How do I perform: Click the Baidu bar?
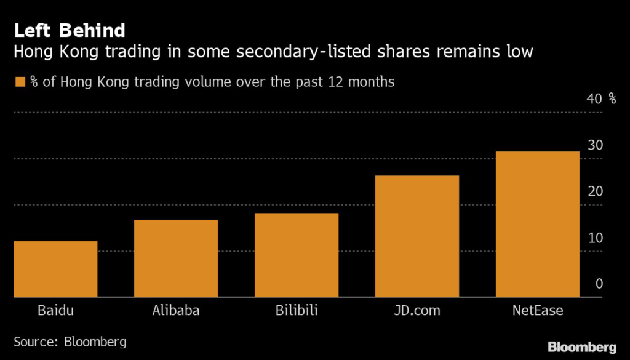(55, 269)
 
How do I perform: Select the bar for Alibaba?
(176, 258)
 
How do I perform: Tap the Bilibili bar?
(297, 255)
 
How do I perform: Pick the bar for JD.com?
(417, 236)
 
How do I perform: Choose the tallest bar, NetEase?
(538, 224)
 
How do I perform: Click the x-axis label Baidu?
(55, 310)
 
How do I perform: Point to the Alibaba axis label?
(176, 310)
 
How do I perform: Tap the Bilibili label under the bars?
(297, 310)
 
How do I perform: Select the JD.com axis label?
(417, 310)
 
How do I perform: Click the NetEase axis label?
(538, 310)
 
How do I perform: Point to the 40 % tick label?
(602, 99)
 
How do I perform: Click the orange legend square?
(20, 81)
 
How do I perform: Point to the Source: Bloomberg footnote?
(70, 341)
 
